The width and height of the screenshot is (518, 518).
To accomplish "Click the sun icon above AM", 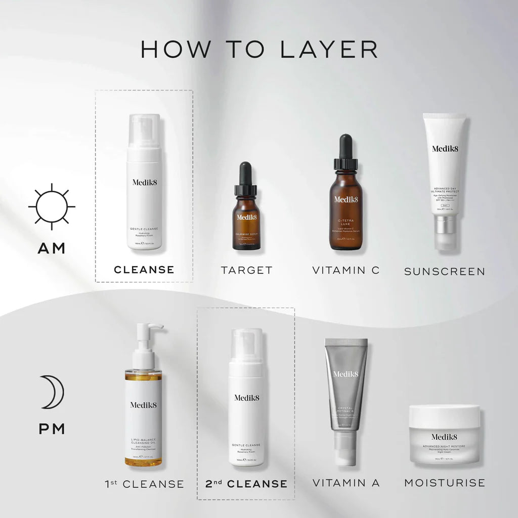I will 52,206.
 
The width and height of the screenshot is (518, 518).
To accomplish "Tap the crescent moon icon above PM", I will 53,392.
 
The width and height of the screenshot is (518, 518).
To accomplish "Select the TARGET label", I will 246,270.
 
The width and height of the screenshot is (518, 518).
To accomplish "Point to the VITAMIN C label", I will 346,270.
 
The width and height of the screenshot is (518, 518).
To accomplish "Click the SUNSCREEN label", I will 444,272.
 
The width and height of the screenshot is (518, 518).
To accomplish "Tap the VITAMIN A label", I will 346,483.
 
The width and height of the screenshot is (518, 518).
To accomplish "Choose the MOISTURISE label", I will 444,483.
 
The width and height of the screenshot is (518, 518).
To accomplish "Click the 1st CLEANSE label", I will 144,484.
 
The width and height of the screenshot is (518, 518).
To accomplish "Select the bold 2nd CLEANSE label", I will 246,484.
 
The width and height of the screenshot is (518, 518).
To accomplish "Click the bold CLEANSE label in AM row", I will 144,270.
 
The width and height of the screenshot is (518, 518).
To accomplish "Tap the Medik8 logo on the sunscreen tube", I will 444,148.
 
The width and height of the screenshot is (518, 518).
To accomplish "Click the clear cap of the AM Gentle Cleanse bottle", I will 144,131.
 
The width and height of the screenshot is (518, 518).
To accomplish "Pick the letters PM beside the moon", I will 52,429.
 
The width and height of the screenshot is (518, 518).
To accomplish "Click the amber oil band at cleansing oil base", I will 143,461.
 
